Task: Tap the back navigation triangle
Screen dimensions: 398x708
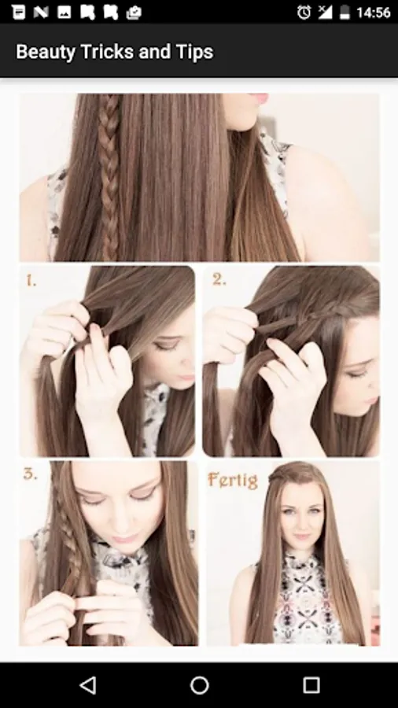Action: coord(87,685)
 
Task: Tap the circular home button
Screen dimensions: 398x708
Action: coord(199,685)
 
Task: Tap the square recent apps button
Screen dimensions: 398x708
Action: coord(311,685)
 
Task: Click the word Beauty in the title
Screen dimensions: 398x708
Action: coord(46,52)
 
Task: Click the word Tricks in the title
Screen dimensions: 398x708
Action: coord(107,51)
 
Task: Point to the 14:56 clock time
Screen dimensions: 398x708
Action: coord(373,13)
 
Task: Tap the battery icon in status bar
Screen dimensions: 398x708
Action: coord(345,13)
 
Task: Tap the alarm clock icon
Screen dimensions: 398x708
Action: coord(304,13)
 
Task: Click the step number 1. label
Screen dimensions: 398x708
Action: coord(31,282)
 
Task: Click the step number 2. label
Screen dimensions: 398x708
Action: coord(219,280)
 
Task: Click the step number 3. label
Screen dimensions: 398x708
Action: coord(30,474)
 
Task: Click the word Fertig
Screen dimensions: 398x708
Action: coord(233,480)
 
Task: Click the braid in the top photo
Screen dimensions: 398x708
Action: coord(109,176)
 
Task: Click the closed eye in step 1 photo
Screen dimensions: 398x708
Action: coord(160,345)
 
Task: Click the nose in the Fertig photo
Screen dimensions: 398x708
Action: coord(302,522)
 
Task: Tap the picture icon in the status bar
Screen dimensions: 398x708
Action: coord(64,13)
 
